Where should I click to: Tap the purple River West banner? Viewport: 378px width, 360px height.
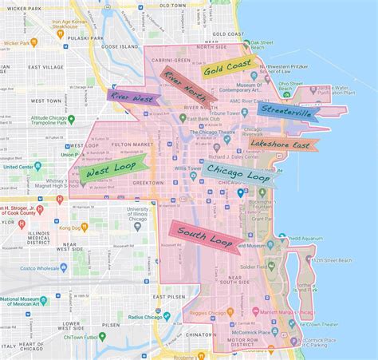(x=133, y=96)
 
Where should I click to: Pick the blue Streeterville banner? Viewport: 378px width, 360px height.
(x=288, y=111)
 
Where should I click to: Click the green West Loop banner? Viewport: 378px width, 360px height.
(x=112, y=168)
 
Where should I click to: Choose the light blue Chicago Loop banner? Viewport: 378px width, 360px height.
(x=237, y=174)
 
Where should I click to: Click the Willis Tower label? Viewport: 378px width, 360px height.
(x=188, y=168)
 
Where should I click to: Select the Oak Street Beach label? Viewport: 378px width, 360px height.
(x=262, y=42)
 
